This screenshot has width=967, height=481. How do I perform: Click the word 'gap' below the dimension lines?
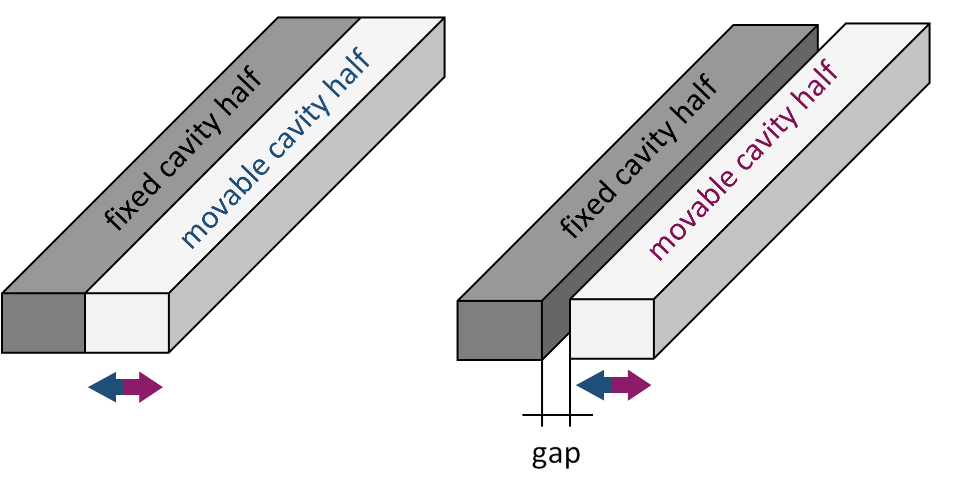coord(556,455)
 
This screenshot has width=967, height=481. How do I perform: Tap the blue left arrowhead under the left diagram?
coord(102,387)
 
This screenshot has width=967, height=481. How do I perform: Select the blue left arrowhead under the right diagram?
coord(591,385)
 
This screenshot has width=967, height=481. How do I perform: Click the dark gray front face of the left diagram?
coord(43,323)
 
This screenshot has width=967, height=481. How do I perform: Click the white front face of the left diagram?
coord(127,323)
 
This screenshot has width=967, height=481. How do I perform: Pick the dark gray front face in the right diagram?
coord(499,330)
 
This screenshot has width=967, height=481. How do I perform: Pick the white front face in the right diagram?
coord(612,329)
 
